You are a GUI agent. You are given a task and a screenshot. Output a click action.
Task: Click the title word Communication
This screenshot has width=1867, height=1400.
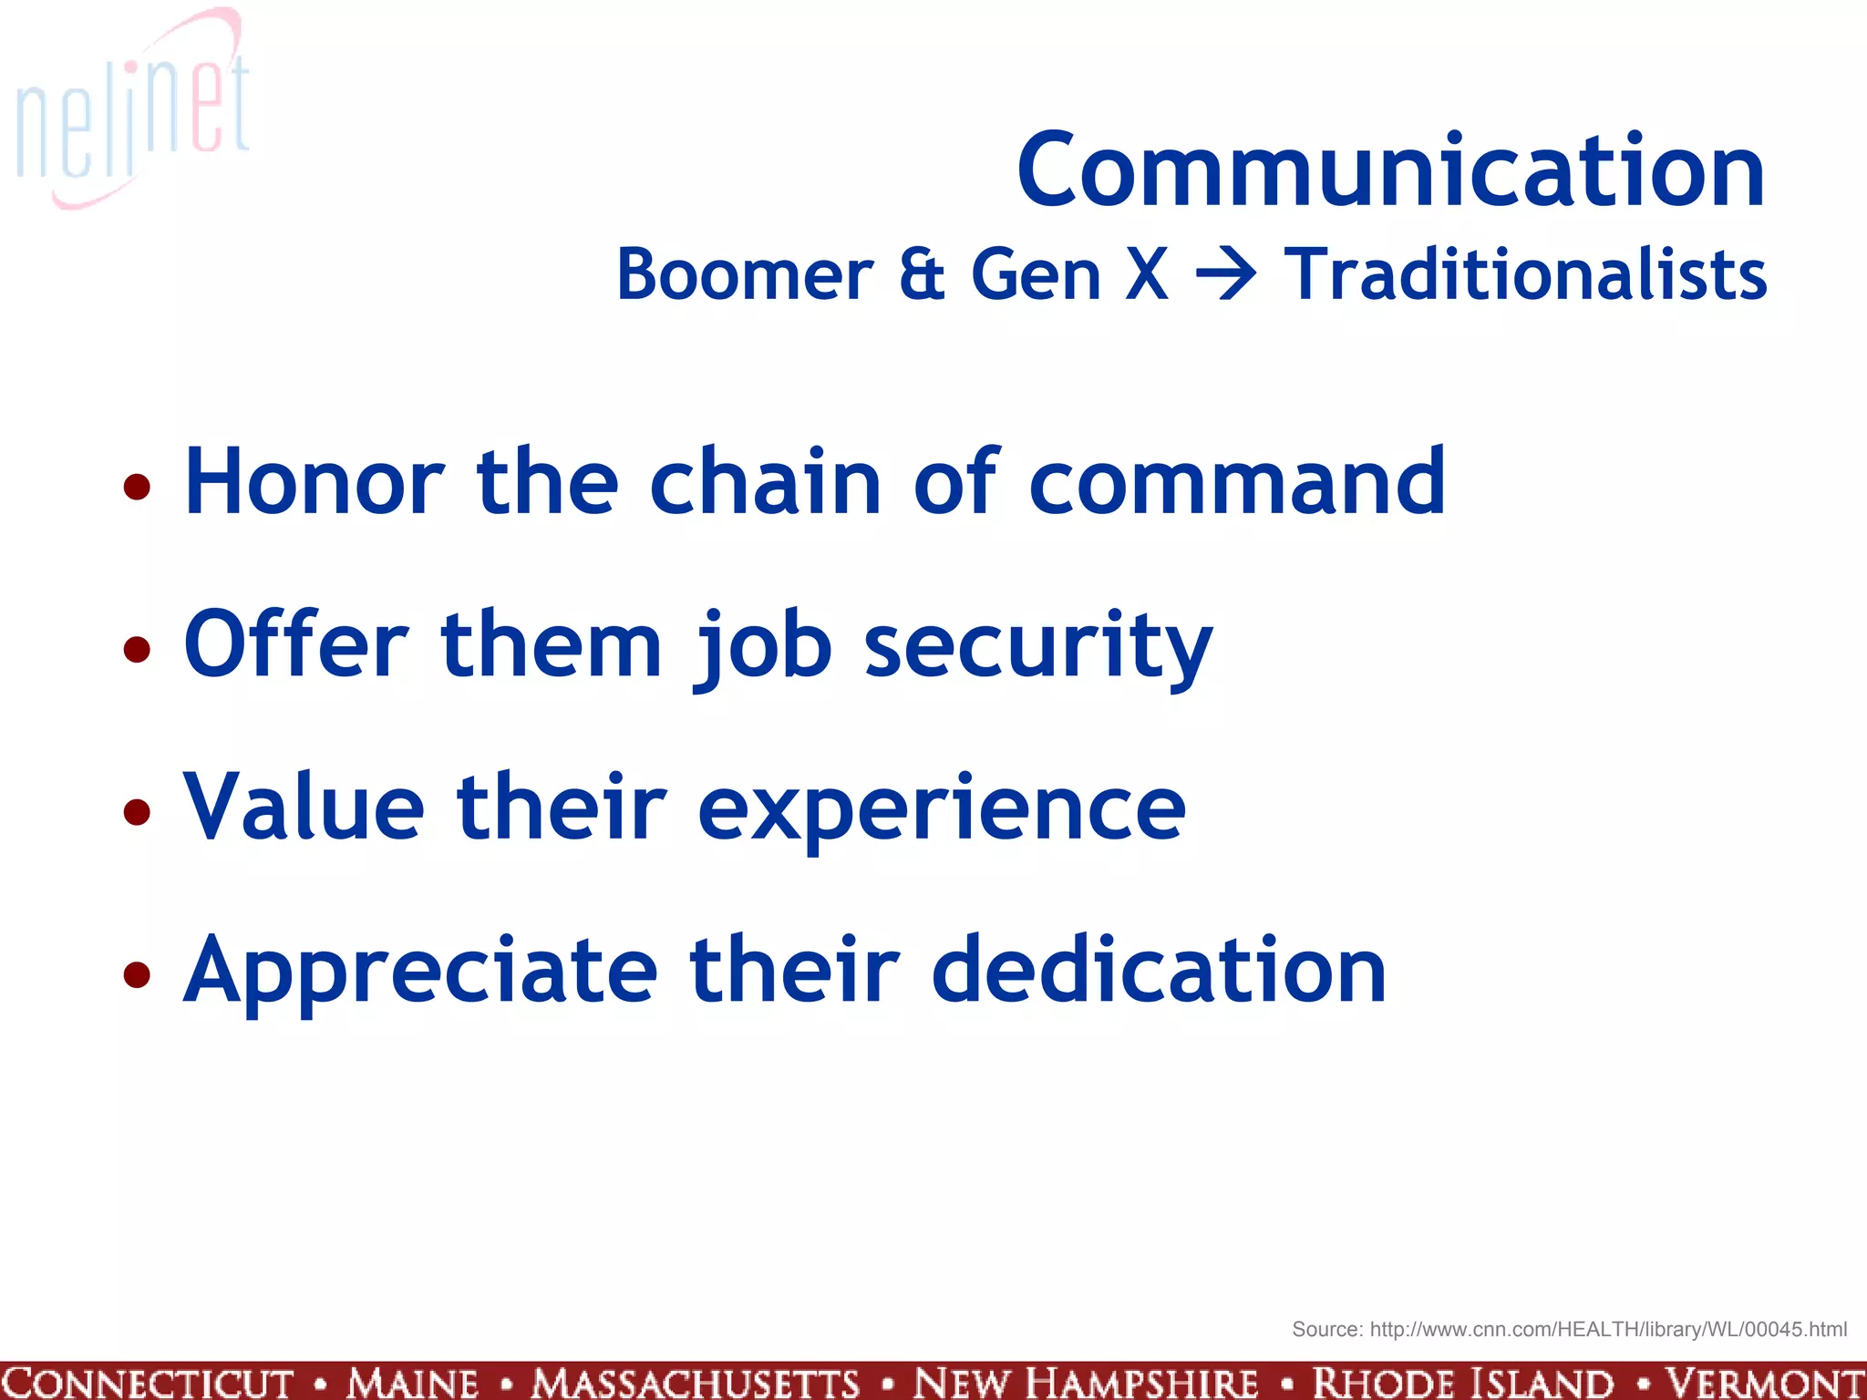[1391, 170]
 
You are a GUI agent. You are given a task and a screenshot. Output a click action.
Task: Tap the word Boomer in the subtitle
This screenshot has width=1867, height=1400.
[745, 274]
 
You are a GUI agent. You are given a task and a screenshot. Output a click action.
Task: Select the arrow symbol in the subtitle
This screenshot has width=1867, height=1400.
[1226, 273]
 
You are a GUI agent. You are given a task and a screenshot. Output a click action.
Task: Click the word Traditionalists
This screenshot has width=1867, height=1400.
[1525, 274]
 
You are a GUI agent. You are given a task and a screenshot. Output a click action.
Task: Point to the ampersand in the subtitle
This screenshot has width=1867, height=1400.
[922, 274]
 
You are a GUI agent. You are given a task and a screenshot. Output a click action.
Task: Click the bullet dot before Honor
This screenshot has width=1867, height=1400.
[137, 487]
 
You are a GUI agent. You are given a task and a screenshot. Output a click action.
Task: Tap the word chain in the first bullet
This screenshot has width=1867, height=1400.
[765, 482]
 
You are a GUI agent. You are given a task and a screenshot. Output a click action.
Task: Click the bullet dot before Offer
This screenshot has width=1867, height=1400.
[137, 649]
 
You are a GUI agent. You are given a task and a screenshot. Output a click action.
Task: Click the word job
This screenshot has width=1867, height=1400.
[764, 646]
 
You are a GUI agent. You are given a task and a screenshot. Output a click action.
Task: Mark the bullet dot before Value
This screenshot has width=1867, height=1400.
[137, 811]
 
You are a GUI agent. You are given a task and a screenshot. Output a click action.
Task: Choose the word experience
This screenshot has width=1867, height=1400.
[942, 809]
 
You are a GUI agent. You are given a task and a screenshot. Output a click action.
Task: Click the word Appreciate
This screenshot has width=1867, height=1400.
[420, 972]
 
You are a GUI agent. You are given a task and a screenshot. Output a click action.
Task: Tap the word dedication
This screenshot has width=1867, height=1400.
[1159, 970]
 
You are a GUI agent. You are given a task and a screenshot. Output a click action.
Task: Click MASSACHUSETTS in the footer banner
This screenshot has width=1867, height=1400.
[696, 1383]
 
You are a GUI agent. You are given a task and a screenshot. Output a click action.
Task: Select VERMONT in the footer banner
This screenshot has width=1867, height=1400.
[1763, 1383]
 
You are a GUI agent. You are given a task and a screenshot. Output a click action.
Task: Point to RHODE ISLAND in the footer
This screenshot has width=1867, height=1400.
[1463, 1383]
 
